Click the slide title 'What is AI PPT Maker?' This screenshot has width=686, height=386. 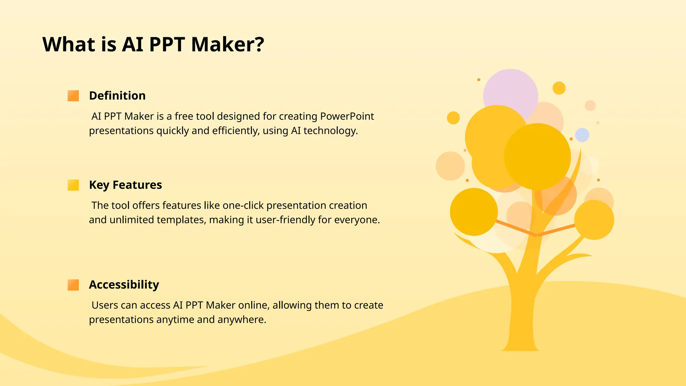pyautogui.click(x=153, y=44)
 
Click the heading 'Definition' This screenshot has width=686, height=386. pyautogui.click(x=117, y=96)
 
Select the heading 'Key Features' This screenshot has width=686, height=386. pyautogui.click(x=125, y=185)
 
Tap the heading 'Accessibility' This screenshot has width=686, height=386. pyautogui.click(x=124, y=285)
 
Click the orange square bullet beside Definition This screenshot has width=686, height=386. pyautogui.click(x=73, y=96)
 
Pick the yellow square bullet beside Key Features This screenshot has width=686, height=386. pyautogui.click(x=73, y=185)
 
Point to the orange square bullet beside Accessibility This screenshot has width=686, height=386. pyautogui.click(x=73, y=285)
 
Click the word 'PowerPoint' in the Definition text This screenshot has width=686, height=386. pyautogui.click(x=347, y=116)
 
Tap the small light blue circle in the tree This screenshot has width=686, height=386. pyautogui.click(x=582, y=135)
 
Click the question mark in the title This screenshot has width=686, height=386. pyautogui.click(x=259, y=44)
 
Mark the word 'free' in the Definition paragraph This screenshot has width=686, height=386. pyautogui.click(x=184, y=116)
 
